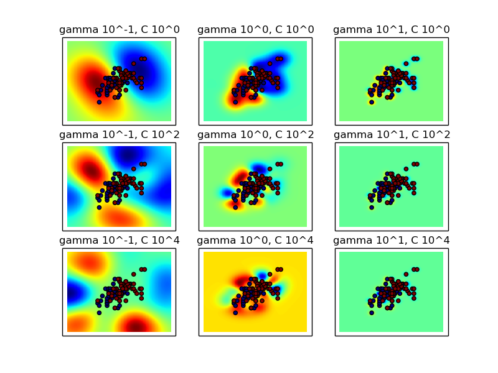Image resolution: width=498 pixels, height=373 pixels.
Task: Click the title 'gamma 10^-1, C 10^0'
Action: coord(119,30)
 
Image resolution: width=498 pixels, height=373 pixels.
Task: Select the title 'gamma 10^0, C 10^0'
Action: coord(255,30)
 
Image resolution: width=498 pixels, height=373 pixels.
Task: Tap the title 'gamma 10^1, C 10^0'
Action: coord(392,30)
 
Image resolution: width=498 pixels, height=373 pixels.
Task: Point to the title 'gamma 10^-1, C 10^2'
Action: coord(119,135)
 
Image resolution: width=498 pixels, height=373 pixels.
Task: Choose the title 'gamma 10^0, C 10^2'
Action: coord(255,135)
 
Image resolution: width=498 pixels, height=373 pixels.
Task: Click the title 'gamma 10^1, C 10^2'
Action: coord(392,135)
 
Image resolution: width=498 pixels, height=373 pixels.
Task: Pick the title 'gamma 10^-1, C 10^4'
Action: coord(119,241)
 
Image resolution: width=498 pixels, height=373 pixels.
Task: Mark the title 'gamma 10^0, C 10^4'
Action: coord(255,241)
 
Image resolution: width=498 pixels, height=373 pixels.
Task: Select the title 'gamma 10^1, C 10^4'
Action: coord(392,241)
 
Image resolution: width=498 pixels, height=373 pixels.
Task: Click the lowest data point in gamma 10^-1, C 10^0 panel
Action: coord(99,102)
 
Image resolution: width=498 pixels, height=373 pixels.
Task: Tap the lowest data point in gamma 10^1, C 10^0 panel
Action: coord(371,102)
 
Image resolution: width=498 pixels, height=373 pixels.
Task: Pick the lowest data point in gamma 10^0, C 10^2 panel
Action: coord(235,207)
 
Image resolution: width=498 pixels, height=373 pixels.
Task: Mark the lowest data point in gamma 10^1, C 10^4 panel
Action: coord(371,313)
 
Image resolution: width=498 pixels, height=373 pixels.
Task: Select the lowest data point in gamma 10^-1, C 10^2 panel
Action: coord(99,207)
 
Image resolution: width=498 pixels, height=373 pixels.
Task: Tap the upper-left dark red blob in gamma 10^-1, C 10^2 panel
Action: coord(90,169)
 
